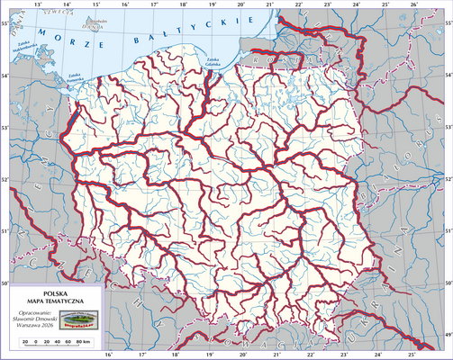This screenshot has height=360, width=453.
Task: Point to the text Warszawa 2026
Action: (x=36, y=326)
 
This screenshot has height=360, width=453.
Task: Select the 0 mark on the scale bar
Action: (x=36, y=343)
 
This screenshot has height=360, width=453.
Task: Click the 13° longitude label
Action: (x=37, y=4)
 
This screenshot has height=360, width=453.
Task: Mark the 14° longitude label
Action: (x=66, y=4)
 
